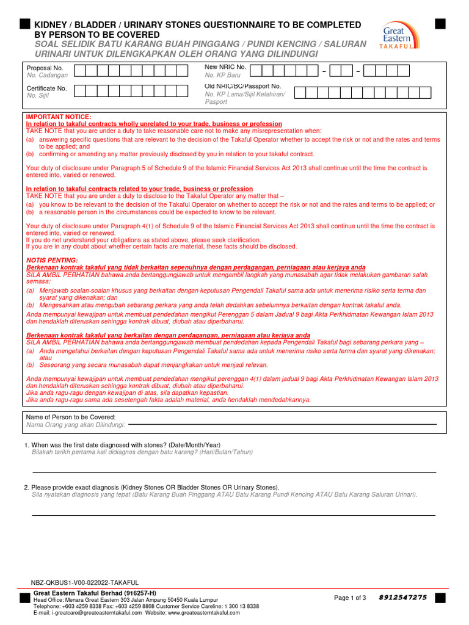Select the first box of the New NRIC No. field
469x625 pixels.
256,71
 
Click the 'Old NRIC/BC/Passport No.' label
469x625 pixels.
242,86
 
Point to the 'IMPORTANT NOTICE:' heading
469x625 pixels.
58,117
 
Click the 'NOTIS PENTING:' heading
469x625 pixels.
52,260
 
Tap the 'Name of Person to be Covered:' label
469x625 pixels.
70,417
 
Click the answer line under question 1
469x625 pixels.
234,472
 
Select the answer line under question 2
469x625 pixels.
234,515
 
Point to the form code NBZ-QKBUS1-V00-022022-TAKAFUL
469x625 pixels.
85,583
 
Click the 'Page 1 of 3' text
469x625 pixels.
350,598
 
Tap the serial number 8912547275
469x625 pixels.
402,598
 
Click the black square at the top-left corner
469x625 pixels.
24,24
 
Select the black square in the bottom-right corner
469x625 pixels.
440,598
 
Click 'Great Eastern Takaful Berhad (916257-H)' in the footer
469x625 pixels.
95,593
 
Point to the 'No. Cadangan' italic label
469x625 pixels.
48,75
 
